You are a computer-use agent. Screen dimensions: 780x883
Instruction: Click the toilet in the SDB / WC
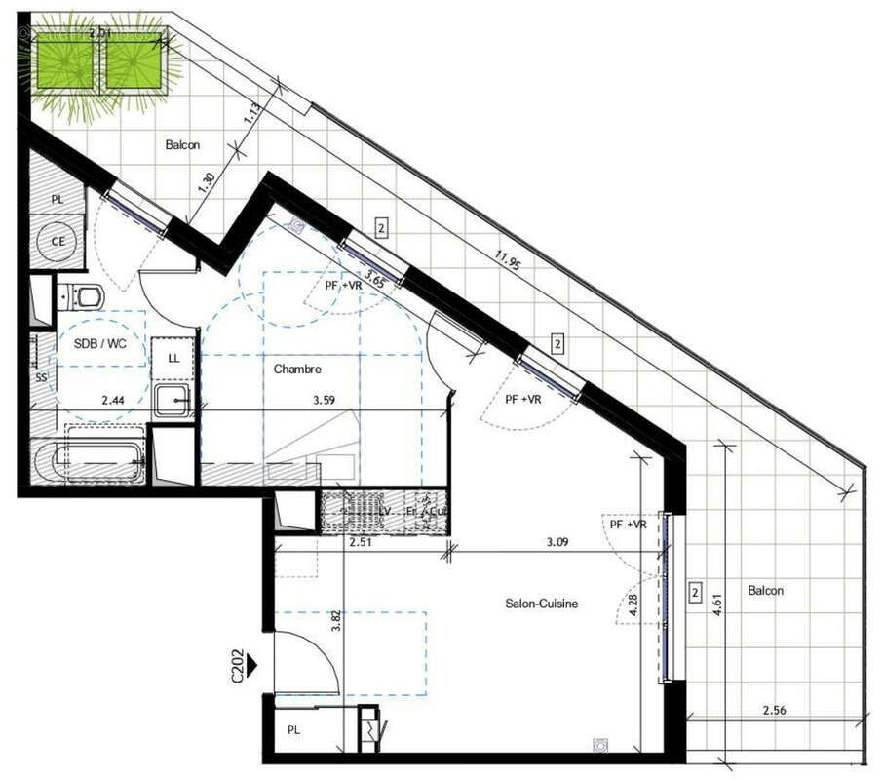click(x=82, y=293)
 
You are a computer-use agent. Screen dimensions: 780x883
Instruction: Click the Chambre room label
click(x=297, y=370)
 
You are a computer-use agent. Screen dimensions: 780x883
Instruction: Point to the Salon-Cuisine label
click(x=542, y=604)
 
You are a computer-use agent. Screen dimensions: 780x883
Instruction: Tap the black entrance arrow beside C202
click(x=251, y=665)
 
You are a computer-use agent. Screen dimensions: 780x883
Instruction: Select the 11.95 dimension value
click(x=505, y=262)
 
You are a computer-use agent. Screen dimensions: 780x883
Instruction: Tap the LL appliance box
click(x=173, y=358)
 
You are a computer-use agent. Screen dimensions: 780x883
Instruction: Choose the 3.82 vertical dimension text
click(x=336, y=622)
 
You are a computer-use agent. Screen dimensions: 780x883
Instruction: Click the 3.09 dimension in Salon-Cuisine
click(x=557, y=542)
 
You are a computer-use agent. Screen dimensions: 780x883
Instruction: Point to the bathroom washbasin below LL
click(x=173, y=400)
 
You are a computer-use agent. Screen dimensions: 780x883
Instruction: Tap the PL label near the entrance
click(x=294, y=729)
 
